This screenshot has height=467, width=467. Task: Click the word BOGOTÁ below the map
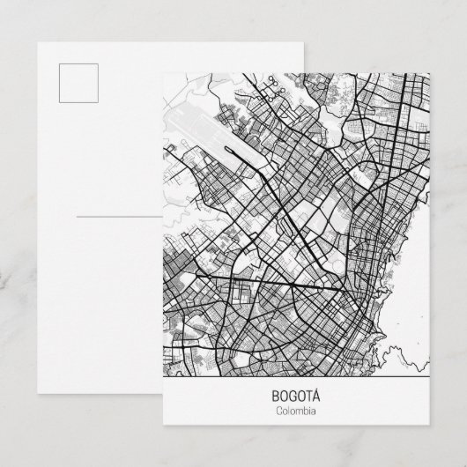[296, 397]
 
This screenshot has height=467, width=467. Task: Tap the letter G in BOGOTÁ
[292, 397]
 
